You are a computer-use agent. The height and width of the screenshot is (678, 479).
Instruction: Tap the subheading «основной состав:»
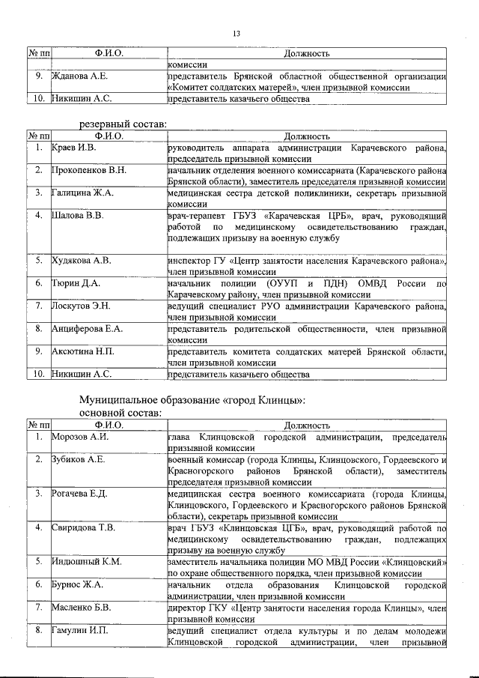[120, 412]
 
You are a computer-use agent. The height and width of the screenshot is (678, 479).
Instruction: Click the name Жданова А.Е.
[80, 76]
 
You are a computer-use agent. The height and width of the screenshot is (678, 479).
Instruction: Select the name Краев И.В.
[74, 148]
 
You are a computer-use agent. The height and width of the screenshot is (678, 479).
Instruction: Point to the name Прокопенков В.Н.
[89, 171]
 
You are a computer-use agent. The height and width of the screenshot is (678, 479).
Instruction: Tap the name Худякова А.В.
[82, 261]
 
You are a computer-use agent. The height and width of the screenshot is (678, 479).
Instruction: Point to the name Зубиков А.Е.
[79, 459]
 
